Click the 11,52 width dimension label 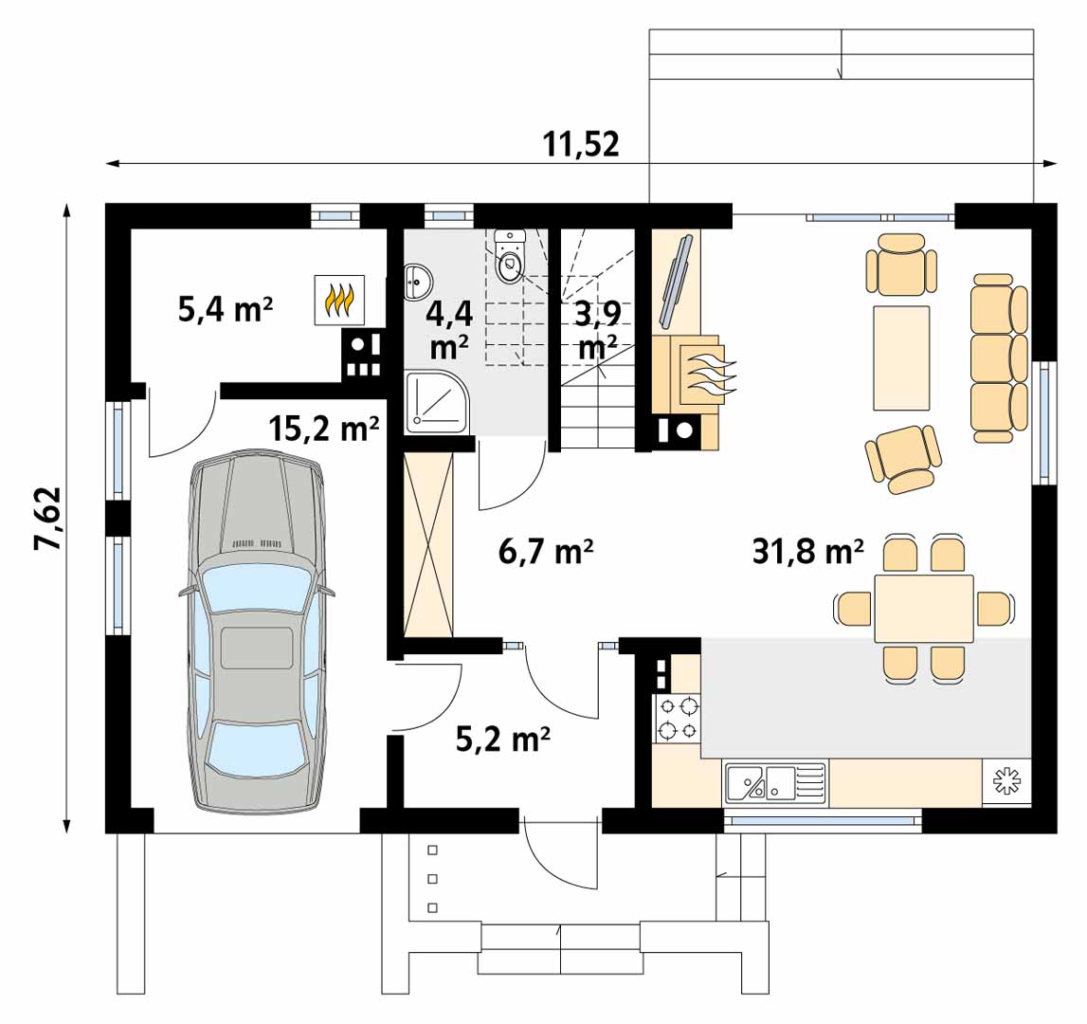(580, 144)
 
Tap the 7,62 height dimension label (49, 519)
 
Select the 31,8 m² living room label (808, 552)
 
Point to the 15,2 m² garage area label (324, 429)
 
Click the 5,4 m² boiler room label (226, 309)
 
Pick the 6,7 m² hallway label (546, 552)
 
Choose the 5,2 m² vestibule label (503, 740)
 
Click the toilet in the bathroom (511, 257)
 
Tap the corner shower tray (437, 403)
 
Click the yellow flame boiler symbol (339, 300)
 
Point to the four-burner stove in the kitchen (678, 719)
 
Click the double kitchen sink (776, 782)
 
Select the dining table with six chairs (923, 609)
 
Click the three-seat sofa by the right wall (999, 358)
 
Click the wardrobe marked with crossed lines (428, 544)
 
